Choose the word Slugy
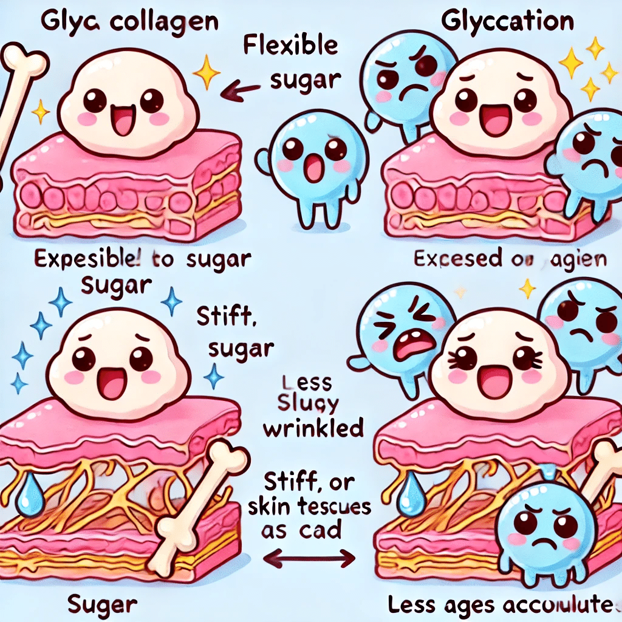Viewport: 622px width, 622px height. click(304, 405)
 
